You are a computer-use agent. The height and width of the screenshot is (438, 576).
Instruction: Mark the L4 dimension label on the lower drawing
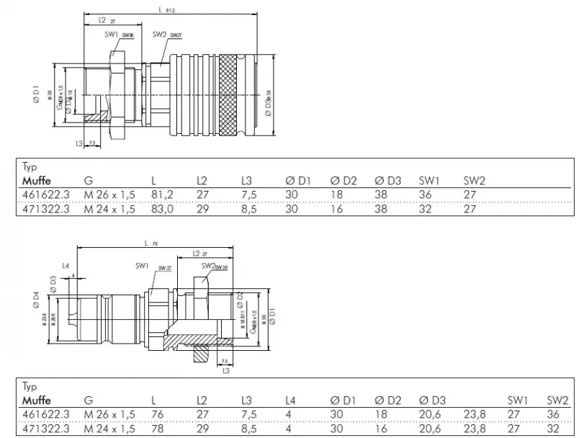66,266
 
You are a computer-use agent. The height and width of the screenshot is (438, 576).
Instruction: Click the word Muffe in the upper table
36,180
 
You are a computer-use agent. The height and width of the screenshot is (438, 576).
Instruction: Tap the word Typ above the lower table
30,386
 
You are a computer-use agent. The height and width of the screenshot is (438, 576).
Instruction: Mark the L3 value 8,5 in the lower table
248,427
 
